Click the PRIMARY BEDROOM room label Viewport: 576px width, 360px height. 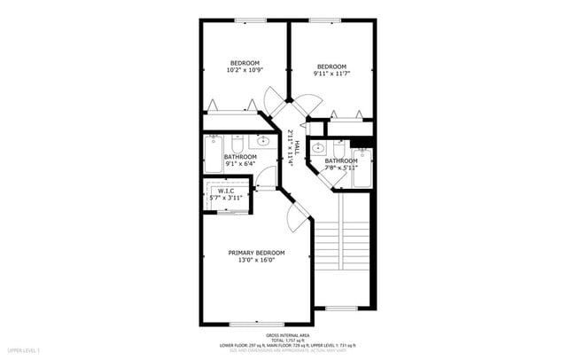[256, 252]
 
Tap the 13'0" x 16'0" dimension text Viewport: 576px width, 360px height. [256, 260]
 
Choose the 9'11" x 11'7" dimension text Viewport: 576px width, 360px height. [331, 74]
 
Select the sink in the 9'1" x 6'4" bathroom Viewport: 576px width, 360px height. [263, 142]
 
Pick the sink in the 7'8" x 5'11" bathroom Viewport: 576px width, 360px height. [317, 147]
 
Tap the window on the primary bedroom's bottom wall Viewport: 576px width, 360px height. [255, 323]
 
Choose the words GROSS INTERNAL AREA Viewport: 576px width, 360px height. [288, 335]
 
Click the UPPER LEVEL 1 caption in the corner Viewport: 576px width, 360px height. [20, 350]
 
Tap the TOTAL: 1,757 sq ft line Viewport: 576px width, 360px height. [288, 340]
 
